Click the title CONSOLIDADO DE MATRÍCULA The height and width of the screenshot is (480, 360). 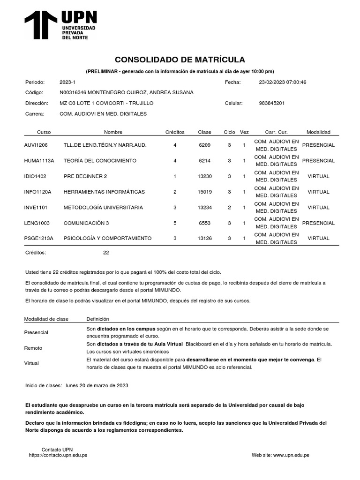coord(180,60)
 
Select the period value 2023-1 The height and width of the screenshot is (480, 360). coord(67,82)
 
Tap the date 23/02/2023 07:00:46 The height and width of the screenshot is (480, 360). coord(282,82)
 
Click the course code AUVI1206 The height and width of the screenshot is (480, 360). coord(36,145)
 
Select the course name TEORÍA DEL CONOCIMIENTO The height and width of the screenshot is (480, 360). coord(100,161)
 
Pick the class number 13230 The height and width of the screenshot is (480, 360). coord(205,176)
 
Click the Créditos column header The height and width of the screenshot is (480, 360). coord(175,132)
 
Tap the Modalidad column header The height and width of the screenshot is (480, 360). coord(318,132)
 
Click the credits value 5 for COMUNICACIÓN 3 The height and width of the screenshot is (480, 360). coord(175,223)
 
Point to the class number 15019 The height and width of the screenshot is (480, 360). coord(205,192)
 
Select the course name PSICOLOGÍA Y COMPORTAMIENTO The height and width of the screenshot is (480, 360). coord(107,238)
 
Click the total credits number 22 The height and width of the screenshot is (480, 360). coord(106,253)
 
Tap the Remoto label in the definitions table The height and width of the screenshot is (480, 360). coord(33,348)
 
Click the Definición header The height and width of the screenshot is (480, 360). coord(97,319)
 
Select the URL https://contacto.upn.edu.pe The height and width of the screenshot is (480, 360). coord(58,455)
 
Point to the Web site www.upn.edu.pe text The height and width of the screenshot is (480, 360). coord(280,455)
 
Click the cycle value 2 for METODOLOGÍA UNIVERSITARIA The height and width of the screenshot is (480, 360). coord(229,207)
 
